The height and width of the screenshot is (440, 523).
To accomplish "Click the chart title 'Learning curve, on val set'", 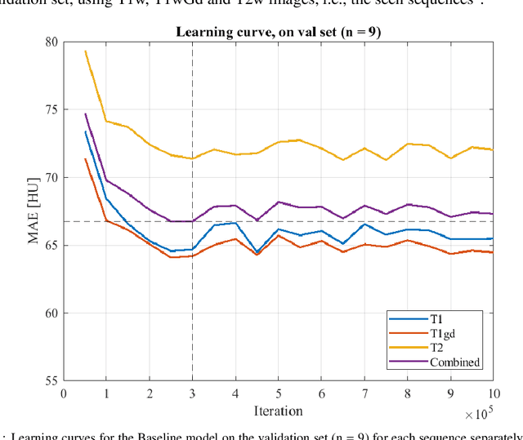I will click(279, 33).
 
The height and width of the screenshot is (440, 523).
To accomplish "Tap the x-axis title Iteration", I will click(279, 411).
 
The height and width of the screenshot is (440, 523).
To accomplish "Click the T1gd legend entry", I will click(445, 333).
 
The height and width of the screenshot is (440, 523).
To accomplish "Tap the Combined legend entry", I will click(454, 362).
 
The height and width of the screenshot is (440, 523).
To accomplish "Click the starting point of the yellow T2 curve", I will click(85, 51).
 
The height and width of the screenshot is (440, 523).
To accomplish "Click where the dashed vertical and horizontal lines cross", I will click(192, 221).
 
